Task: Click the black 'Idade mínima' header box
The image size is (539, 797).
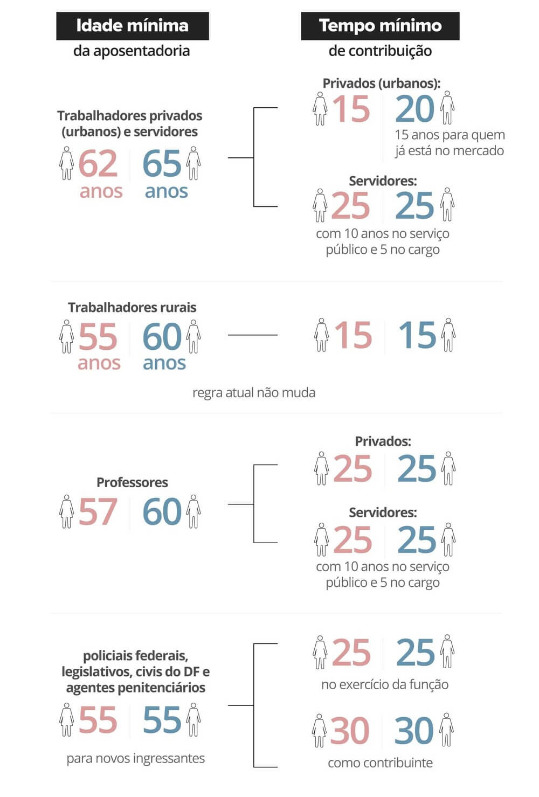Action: pos(132,26)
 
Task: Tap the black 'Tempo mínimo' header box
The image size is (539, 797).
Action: pos(380,26)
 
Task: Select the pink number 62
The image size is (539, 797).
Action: pos(98,164)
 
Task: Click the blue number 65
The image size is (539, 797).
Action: pos(162,164)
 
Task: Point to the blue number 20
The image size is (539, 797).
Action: pos(414,109)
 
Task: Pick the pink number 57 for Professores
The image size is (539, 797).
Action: pos(98,512)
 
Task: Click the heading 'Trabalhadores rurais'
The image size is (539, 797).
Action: pos(132,307)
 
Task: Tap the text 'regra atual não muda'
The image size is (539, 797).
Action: pos(253,392)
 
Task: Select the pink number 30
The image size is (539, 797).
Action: pos(350,731)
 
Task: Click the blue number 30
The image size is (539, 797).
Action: pos(413,731)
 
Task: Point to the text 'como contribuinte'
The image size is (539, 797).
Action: pos(380,763)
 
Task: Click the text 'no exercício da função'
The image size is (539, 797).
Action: pos(384,684)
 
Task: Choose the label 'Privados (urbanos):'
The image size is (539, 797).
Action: pos(381,83)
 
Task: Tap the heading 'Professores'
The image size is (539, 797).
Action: pos(132,482)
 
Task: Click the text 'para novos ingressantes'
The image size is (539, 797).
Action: pos(135,758)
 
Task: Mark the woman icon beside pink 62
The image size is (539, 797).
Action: pos(66,163)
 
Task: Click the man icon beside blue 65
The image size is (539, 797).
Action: pos(194,163)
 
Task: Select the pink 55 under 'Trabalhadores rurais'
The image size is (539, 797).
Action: pos(98,337)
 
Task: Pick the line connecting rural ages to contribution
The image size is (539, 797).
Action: pos(252,335)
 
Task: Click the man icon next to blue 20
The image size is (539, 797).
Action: pos(447,108)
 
